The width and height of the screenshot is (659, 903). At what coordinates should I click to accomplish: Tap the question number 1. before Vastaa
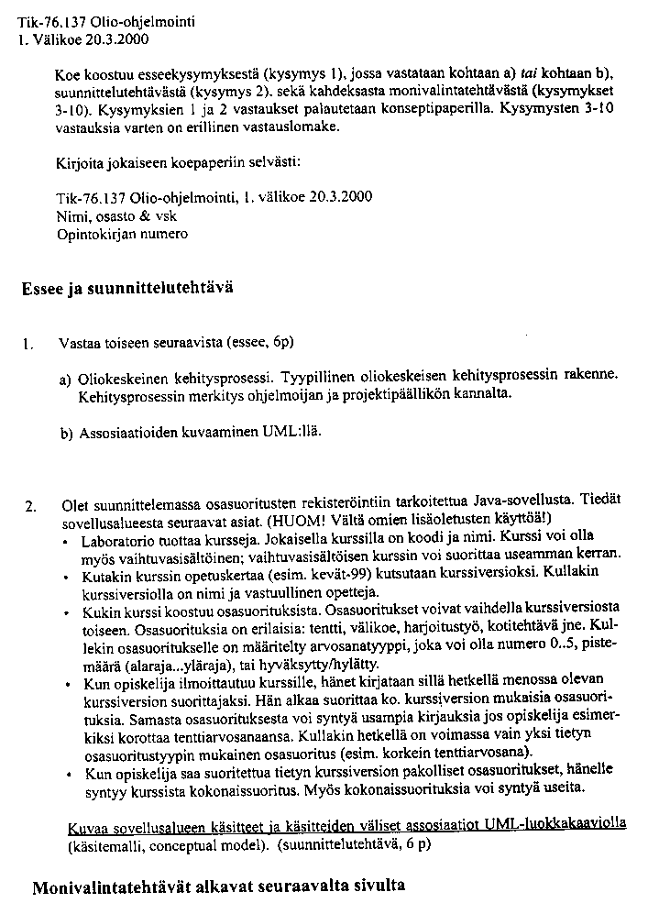[29, 345]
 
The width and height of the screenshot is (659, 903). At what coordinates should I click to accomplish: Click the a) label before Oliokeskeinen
[66, 378]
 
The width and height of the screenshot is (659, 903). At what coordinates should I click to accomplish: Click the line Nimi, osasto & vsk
[115, 216]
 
